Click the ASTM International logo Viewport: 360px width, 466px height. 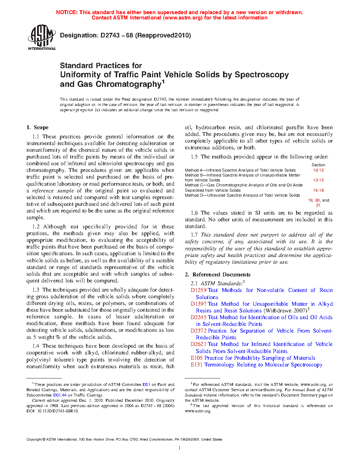coord(41,37)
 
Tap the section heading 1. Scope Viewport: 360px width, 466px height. coord(37,127)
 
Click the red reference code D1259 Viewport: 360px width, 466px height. coord(198,290)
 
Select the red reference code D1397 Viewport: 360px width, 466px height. coord(198,304)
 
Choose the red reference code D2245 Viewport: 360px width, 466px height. coord(198,317)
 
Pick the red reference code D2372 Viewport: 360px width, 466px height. coord(198,331)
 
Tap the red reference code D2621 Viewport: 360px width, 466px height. coord(198,344)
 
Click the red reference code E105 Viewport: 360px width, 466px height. coord(197,358)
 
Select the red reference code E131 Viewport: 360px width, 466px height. coord(197,365)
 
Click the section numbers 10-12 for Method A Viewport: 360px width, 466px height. coord(318,170)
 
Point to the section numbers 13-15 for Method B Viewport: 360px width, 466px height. coord(318,180)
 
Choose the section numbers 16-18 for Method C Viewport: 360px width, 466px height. coord(318,190)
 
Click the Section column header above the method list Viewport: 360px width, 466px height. coord(318,165)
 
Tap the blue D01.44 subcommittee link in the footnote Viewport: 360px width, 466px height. coord(60,395)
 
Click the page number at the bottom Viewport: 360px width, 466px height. coord(180,448)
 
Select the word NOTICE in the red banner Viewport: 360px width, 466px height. coord(67,12)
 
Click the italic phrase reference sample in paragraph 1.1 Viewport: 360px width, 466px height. coord(53,191)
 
